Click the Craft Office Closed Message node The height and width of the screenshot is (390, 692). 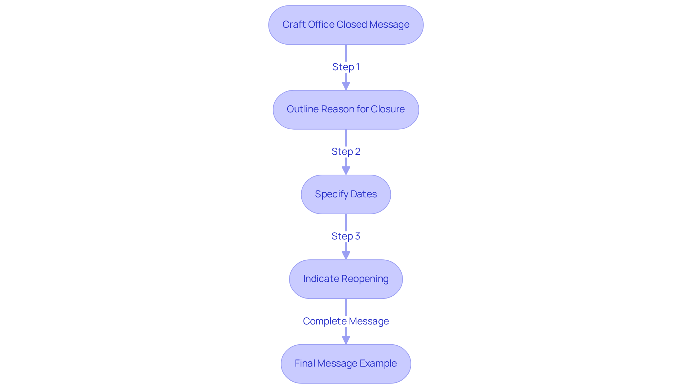[x=346, y=25]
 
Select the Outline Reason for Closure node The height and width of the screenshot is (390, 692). [x=346, y=109]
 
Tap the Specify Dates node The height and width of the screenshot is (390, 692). [x=346, y=194]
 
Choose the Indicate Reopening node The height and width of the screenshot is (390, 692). [x=346, y=279]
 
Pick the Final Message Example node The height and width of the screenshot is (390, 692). [x=346, y=364]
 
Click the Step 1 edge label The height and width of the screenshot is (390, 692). [x=346, y=67]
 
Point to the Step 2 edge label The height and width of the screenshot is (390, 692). [x=346, y=152]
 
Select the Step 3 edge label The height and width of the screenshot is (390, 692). [x=346, y=236]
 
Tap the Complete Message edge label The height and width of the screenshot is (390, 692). [x=346, y=321]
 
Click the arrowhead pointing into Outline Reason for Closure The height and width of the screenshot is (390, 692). [x=346, y=86]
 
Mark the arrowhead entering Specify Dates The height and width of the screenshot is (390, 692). [x=346, y=171]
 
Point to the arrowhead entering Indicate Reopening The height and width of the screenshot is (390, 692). [x=346, y=255]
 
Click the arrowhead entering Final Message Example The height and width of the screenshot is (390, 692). [x=346, y=340]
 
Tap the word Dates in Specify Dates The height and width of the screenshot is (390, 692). [x=364, y=194]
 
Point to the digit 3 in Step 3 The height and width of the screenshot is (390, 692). [x=358, y=236]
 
